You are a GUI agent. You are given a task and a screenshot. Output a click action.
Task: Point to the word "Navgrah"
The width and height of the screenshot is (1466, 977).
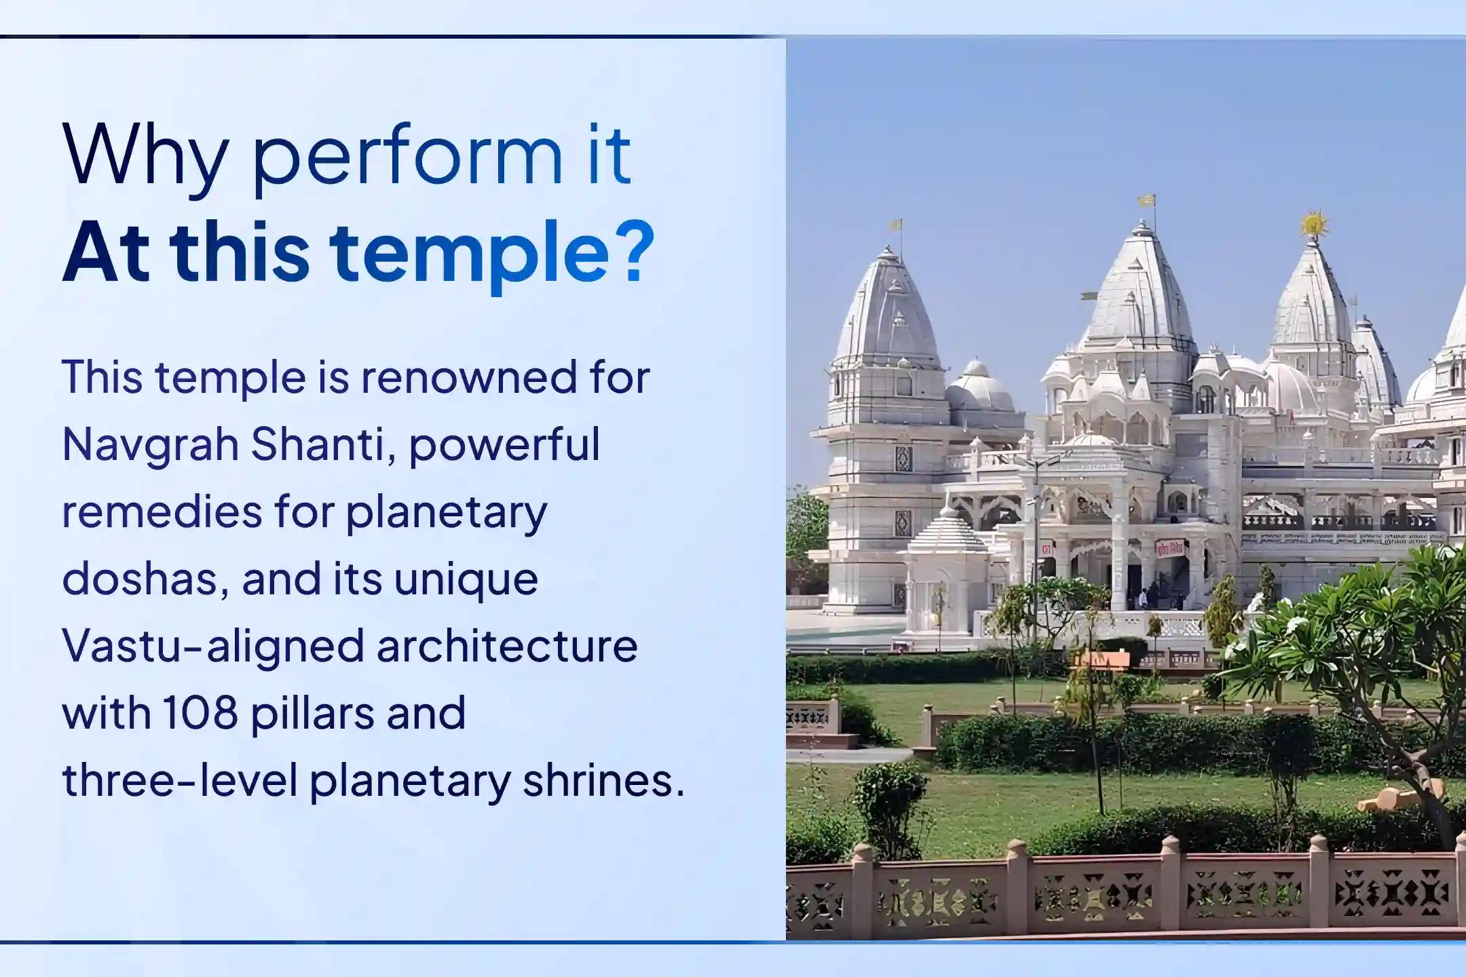pos(150,445)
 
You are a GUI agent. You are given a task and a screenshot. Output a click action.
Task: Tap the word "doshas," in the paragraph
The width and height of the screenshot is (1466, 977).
pos(145,579)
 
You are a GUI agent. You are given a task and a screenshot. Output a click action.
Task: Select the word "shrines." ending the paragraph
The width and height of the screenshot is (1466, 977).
pos(603,780)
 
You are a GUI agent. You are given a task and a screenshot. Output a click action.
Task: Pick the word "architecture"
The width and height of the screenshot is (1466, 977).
pos(507,646)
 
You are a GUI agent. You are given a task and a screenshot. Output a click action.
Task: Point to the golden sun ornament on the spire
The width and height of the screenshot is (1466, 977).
pos(1314,224)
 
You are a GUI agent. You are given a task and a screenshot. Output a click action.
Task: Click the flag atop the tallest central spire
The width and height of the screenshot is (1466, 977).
pos(1146,201)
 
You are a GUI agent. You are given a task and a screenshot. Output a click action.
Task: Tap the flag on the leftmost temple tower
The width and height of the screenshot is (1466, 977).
pos(896,225)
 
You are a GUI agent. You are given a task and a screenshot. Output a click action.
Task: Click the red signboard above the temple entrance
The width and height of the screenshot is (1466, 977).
pos(1170,547)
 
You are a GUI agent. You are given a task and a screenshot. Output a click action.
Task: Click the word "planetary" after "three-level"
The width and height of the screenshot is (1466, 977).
pos(410,780)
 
